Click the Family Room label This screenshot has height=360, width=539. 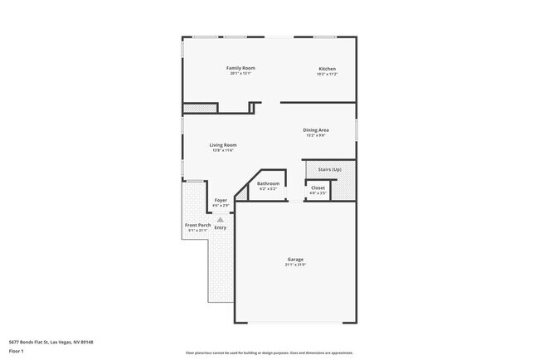(x=240, y=68)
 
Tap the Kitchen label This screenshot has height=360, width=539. (x=328, y=68)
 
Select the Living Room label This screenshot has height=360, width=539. (x=223, y=145)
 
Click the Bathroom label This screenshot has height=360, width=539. (x=268, y=183)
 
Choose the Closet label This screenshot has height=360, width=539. (x=318, y=188)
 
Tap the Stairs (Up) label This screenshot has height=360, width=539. (x=330, y=169)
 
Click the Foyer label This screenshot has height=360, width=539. (x=221, y=200)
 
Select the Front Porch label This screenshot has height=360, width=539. (x=197, y=225)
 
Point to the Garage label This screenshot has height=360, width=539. (x=296, y=259)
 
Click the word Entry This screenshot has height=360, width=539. (x=221, y=226)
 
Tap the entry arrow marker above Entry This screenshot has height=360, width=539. (x=221, y=219)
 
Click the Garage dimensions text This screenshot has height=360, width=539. (x=296, y=265)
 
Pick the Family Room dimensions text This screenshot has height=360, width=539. (x=240, y=74)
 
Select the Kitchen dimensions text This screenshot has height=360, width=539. (x=328, y=74)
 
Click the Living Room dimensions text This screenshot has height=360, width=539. (x=223, y=151)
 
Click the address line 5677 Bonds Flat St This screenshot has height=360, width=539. (x=51, y=342)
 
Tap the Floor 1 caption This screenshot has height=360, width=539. (x=17, y=351)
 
